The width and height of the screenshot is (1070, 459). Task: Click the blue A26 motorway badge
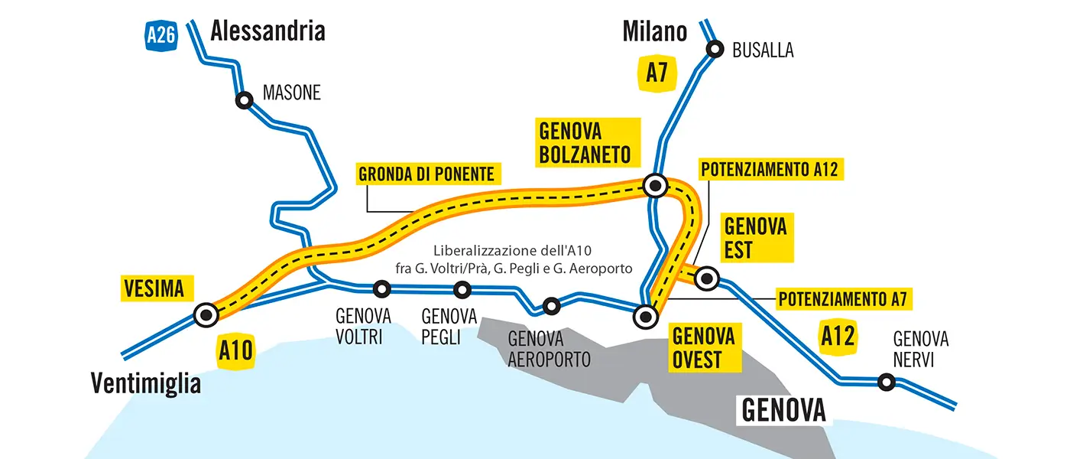coord(162,34)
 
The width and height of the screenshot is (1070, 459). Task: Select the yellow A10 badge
coord(235,350)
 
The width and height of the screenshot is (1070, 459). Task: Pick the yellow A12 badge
coord(838,336)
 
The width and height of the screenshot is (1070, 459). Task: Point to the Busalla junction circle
coord(715,49)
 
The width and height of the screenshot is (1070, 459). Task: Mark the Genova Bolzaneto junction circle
coord(655,185)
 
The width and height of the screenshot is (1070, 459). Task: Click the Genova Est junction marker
coord(707,278)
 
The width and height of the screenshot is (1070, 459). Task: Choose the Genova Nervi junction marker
coord(886,381)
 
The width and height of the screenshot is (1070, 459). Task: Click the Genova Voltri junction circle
coord(381,289)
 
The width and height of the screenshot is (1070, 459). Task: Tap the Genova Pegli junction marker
coord(462,290)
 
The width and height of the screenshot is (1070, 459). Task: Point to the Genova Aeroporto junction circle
coord(551,306)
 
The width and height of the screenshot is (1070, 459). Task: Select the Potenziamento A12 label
coord(771,169)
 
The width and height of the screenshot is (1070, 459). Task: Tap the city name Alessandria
coord(267,31)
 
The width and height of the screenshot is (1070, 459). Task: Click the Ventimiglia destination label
coord(146,382)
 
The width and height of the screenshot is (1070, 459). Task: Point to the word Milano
coord(655,31)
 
